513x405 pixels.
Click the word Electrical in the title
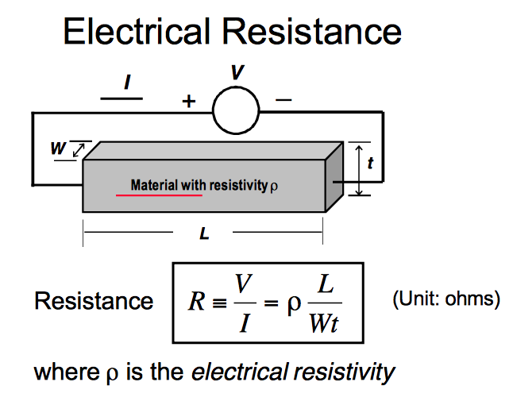coord(137,31)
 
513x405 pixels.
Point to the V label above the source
coord(237,73)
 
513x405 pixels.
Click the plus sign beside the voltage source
coord(189,102)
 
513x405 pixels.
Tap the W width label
coord(59,148)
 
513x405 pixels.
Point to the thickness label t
coord(370,164)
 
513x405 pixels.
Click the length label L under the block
coord(203,235)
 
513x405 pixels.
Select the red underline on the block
coord(159,195)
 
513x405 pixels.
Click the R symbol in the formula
coord(194,304)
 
